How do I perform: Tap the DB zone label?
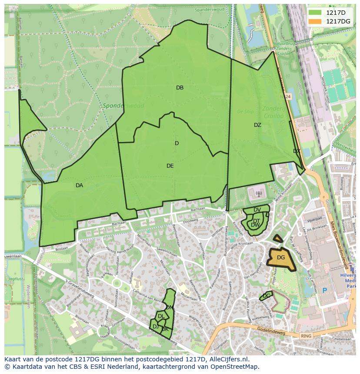[180, 88]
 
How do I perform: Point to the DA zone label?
[79, 185]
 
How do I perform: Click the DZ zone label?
[257, 125]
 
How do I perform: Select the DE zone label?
[170, 166]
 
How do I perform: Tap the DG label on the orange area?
[281, 258]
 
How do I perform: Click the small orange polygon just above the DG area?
[278, 238]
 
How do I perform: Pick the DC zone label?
[267, 296]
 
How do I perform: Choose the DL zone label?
[161, 317]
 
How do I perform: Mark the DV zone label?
[257, 210]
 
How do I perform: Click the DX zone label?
[297, 151]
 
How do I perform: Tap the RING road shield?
[307, 336]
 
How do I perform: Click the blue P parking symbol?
[324, 290]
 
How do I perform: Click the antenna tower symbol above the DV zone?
[258, 194]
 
